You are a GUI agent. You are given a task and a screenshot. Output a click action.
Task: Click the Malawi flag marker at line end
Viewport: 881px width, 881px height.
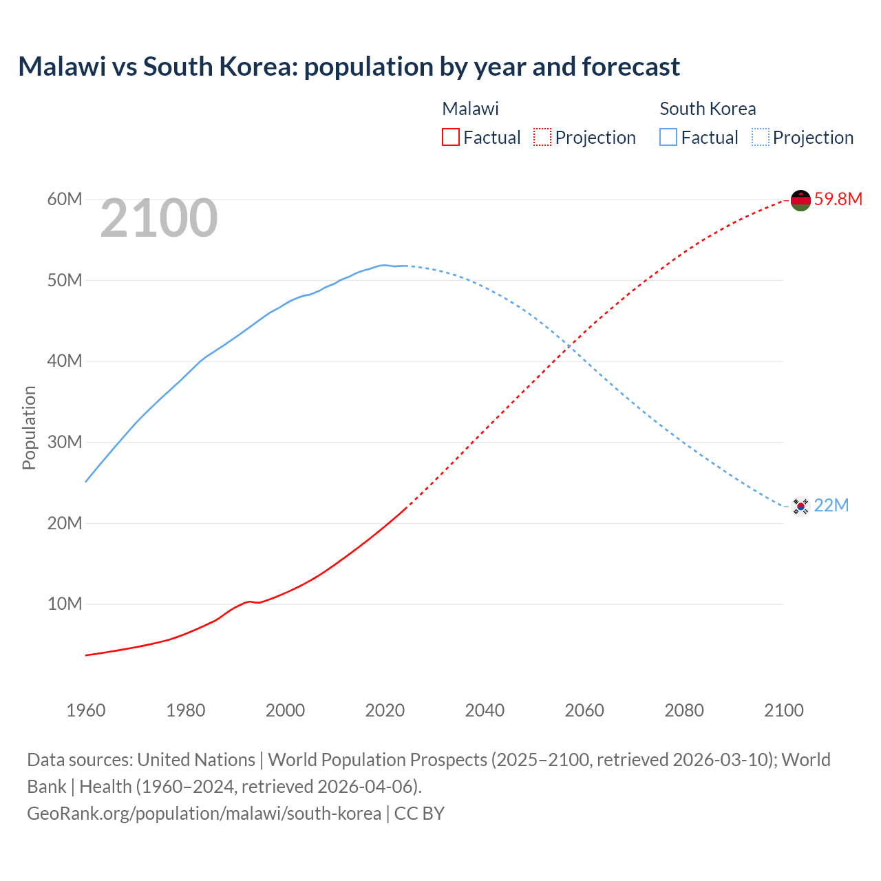[x=800, y=200]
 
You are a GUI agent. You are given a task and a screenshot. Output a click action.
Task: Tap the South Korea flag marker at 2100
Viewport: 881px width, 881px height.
[x=800, y=507]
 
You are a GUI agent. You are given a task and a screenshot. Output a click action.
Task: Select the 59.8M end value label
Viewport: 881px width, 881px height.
[x=838, y=200]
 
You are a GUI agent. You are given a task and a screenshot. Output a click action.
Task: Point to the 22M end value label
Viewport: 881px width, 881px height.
[x=831, y=506]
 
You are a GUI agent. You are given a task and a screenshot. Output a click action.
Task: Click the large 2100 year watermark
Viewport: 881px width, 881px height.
[x=159, y=219]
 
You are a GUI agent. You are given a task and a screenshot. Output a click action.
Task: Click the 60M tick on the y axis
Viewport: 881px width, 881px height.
[x=65, y=200]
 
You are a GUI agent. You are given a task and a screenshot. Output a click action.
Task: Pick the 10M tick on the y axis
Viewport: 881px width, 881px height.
[x=65, y=604]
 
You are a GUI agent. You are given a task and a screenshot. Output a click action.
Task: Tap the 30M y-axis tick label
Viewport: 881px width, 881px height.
[x=65, y=443]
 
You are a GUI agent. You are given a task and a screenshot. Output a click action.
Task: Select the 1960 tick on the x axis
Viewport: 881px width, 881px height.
[x=86, y=710]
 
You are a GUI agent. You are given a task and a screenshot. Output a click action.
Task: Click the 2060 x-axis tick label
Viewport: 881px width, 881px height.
[x=584, y=710]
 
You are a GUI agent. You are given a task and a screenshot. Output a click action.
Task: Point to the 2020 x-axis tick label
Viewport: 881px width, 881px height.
[x=385, y=710]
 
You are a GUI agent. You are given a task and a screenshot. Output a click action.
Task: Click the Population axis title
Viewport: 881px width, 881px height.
[x=29, y=427]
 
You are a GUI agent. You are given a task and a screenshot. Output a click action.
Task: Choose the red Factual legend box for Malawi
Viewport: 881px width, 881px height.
[x=451, y=137]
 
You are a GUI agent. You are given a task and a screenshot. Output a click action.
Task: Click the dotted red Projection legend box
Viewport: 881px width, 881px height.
[x=542, y=137]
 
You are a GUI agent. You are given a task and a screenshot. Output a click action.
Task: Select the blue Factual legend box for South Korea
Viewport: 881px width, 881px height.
[x=668, y=137]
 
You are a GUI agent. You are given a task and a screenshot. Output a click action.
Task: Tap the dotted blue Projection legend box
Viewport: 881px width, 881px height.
[x=761, y=137]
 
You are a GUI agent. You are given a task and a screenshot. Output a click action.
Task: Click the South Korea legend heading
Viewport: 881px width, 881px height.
[x=708, y=109]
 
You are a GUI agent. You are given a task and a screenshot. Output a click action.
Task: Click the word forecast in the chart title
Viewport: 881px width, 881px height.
[x=630, y=67]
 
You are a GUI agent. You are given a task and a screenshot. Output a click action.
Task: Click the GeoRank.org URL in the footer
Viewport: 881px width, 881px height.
[x=204, y=814]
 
